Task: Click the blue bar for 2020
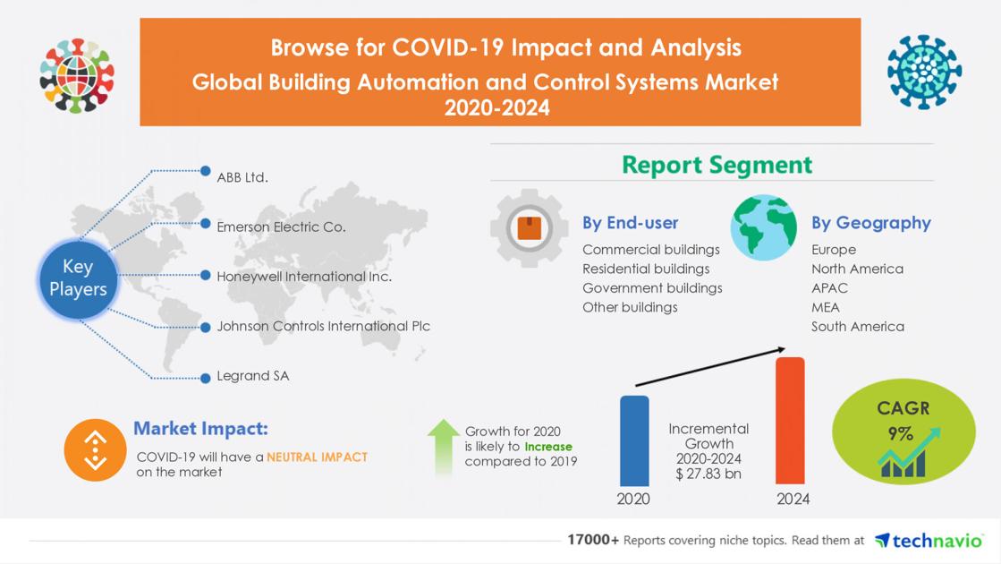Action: coord(634,440)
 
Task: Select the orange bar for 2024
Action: coord(790,421)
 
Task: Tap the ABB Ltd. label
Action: coord(242,177)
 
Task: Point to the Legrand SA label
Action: coord(252,376)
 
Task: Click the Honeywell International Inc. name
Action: coord(304,277)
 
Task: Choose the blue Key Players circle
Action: coord(78,278)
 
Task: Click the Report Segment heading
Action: coord(717,165)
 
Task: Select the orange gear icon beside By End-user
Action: coord(529,228)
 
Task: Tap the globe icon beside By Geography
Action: coord(763,228)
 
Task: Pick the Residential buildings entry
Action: coord(646,269)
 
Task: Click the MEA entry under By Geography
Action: coord(826,307)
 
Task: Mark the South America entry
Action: coord(857,327)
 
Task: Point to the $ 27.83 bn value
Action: coord(708,474)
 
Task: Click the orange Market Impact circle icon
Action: coord(95,449)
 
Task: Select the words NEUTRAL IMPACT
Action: coord(317,457)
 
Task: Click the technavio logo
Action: coord(928,540)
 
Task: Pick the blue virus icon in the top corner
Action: coord(923,72)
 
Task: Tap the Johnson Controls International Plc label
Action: coord(323,326)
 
